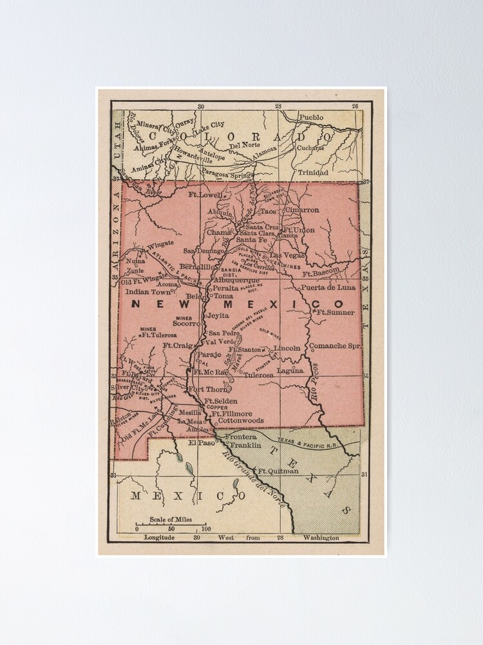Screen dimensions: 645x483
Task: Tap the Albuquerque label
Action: click(x=236, y=280)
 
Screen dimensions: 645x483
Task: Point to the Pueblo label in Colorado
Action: click(x=310, y=117)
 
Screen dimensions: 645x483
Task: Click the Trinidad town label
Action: click(x=312, y=172)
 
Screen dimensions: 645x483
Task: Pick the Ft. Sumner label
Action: click(x=332, y=312)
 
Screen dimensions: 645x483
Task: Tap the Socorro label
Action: click(x=187, y=323)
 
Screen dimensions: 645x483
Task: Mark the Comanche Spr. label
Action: click(x=335, y=346)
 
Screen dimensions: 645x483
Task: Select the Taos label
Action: click(x=267, y=211)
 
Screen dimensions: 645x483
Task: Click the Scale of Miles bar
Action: click(x=171, y=524)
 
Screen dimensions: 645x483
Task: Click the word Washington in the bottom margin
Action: click(x=321, y=537)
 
